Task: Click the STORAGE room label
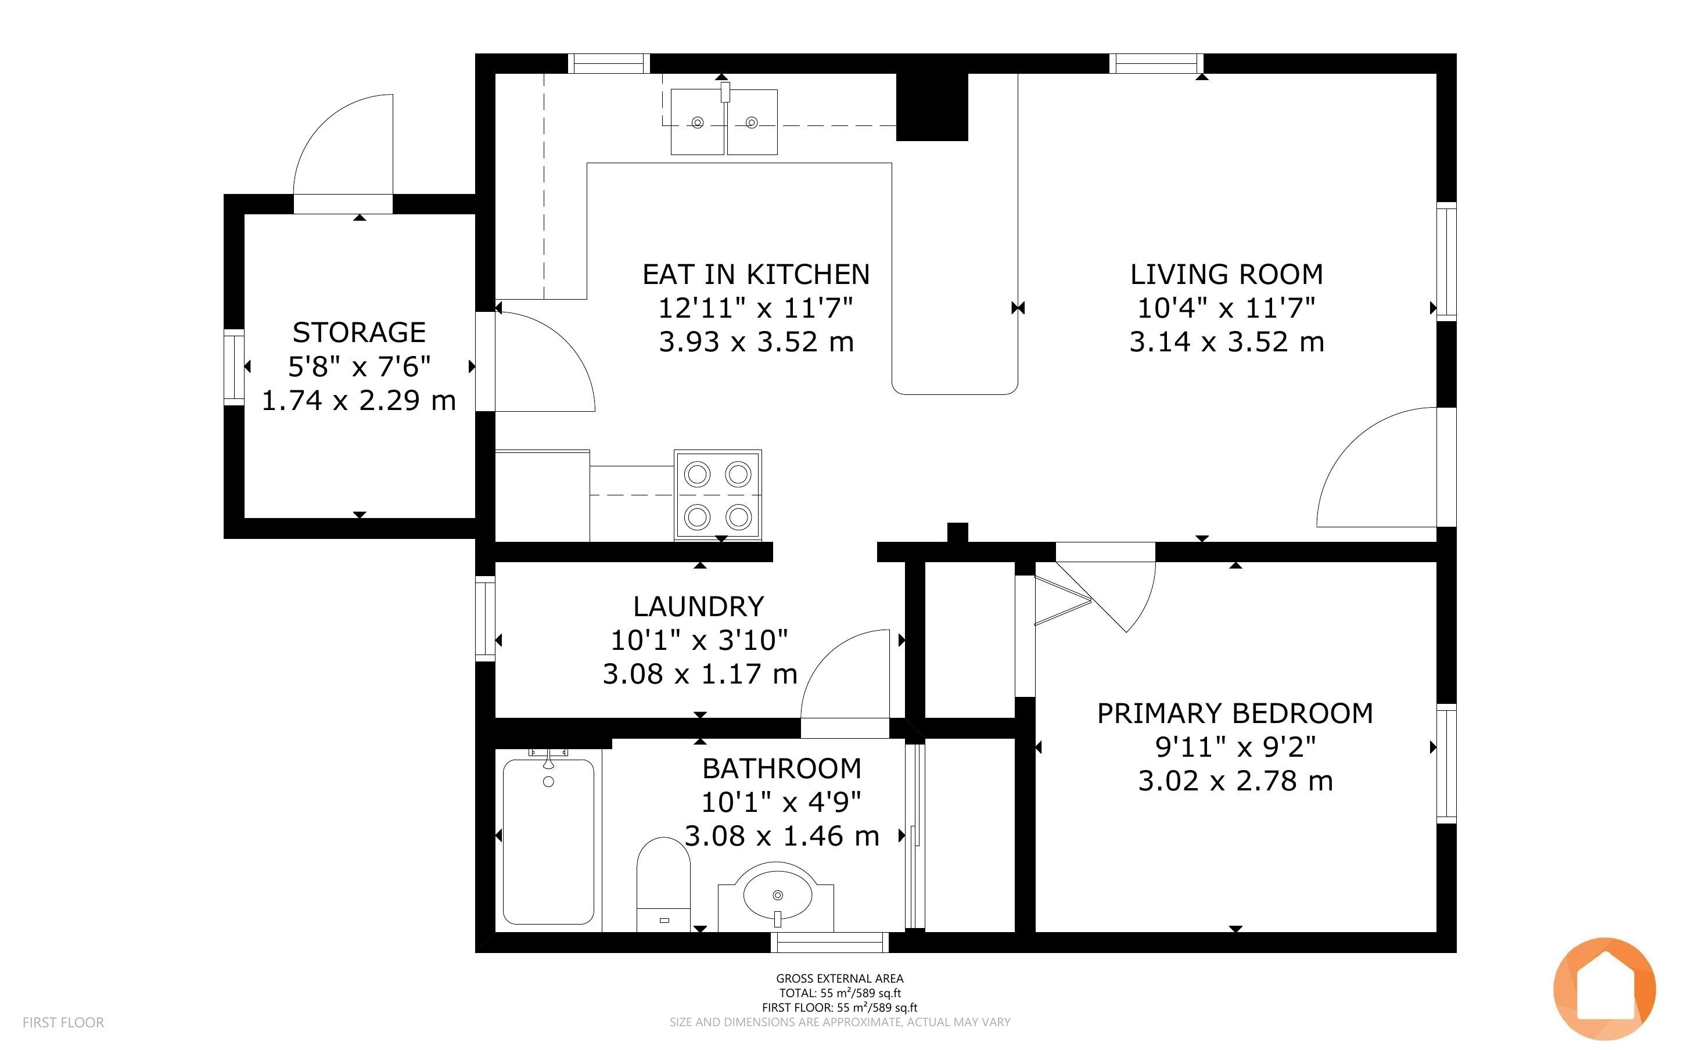[x=359, y=333]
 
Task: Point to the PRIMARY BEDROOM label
[x=1235, y=713]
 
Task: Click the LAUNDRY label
[x=699, y=606]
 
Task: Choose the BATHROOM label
[x=782, y=768]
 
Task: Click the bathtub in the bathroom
[x=548, y=841]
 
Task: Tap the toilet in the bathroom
[x=664, y=884]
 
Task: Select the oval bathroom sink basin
[x=777, y=896]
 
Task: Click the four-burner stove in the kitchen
[x=718, y=496]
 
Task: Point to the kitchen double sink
[x=724, y=121]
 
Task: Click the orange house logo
[x=1605, y=988]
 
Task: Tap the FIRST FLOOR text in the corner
[x=63, y=1022]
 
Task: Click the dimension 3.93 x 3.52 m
[x=756, y=341]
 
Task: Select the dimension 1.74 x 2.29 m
[x=359, y=400]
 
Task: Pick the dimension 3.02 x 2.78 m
[x=1235, y=781]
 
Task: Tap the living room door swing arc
[x=1344, y=444]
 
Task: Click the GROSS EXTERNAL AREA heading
[x=839, y=979]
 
